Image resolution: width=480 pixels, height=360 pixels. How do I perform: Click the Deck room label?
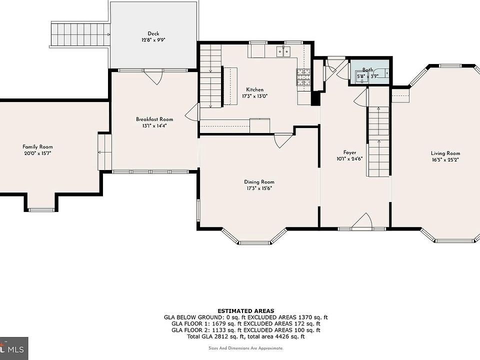[x=153, y=33]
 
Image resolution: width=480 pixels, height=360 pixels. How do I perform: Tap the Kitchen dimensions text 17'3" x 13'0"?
[x=254, y=96]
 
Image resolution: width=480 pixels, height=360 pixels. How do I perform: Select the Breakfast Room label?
[x=154, y=119]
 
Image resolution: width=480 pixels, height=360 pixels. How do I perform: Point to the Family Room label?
[x=37, y=147]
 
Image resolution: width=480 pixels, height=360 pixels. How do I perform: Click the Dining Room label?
[x=259, y=182]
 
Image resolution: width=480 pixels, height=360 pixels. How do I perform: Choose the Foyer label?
[x=349, y=152]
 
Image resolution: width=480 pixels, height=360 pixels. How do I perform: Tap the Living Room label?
[x=445, y=153]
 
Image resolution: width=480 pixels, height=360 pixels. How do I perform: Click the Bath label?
[x=368, y=70]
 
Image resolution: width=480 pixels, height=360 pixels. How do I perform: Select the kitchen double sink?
[x=283, y=51]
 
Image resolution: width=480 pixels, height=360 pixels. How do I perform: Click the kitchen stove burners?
[x=303, y=77]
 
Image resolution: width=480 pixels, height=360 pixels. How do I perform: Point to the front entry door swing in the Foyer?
[x=362, y=220]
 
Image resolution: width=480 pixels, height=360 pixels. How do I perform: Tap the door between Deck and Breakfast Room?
[x=153, y=77]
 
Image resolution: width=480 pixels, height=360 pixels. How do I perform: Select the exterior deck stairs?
[x=80, y=34]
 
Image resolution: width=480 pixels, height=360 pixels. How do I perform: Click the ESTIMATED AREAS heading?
[x=246, y=311]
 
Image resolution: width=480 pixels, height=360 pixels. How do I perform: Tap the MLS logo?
[x=14, y=348]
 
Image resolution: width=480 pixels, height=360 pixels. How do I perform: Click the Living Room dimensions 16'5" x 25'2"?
[x=445, y=160]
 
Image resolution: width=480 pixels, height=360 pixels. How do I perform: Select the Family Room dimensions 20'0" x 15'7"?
[x=37, y=153]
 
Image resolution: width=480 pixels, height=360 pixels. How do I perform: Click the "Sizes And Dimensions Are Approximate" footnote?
[x=246, y=348]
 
